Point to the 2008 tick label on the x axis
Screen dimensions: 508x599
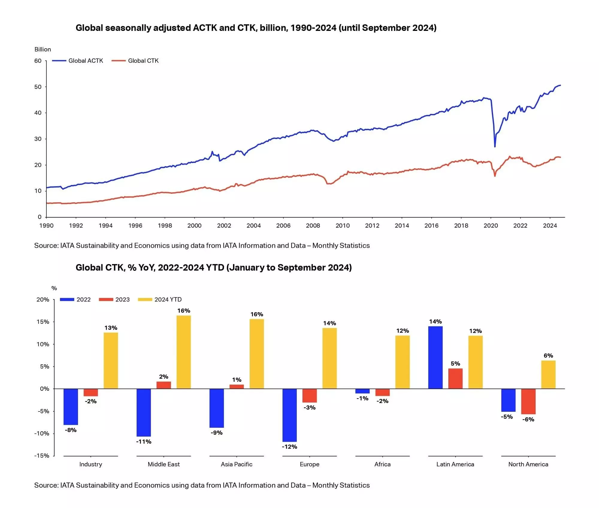click(313, 226)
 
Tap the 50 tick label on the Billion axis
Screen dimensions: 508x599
click(38, 87)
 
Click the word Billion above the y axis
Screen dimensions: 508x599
click(43, 49)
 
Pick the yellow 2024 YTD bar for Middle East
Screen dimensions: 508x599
click(184, 352)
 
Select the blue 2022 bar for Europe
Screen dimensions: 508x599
click(290, 415)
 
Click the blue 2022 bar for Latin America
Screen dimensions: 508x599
click(435, 357)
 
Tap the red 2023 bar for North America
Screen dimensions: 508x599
click(528, 401)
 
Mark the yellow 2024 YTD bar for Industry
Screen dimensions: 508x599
click(111, 360)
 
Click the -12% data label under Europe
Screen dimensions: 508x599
click(290, 447)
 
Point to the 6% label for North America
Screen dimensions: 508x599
click(548, 356)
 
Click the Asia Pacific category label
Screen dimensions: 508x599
click(237, 465)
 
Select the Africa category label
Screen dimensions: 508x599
click(382, 465)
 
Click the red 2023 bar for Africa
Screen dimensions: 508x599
click(382, 392)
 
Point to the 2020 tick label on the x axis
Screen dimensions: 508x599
click(491, 226)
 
